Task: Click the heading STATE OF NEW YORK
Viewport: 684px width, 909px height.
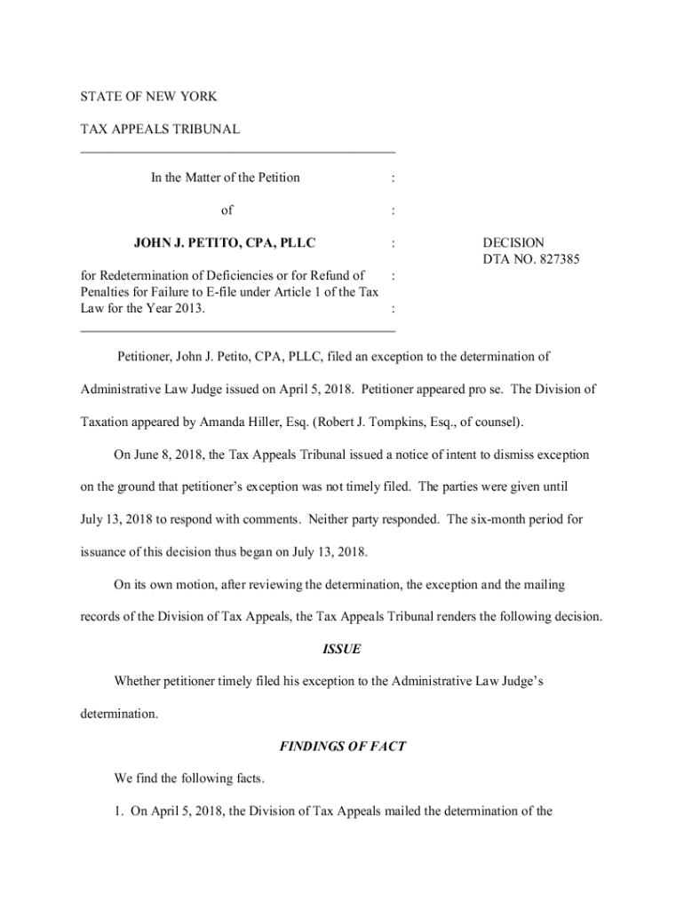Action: pyautogui.click(x=148, y=96)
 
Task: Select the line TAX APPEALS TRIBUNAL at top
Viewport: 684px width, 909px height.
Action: pyautogui.click(x=160, y=130)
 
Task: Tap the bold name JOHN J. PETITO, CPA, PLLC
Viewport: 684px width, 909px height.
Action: pyautogui.click(x=225, y=241)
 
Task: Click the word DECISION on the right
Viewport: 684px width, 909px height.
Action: pyautogui.click(x=513, y=242)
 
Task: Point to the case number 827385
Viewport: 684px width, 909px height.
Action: pyautogui.click(x=557, y=258)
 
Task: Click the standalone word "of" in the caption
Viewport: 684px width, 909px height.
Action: pyautogui.click(x=227, y=210)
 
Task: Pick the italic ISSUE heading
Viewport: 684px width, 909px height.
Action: pyautogui.click(x=341, y=649)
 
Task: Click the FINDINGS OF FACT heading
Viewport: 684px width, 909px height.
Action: pyautogui.click(x=342, y=747)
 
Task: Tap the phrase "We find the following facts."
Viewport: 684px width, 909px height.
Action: pyautogui.click(x=188, y=779)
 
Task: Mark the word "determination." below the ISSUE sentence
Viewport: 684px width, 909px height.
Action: pyautogui.click(x=119, y=714)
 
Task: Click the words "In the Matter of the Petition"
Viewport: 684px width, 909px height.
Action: pyautogui.click(x=225, y=178)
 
